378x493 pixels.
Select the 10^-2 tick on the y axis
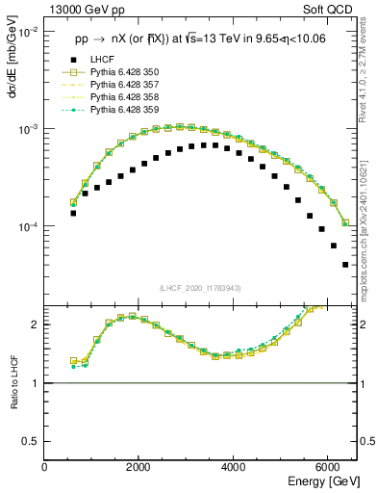point(27,32)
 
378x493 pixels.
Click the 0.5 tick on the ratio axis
point(31,441)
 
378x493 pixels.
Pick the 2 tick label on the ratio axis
point(36,324)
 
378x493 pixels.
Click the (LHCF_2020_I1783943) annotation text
point(200,288)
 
